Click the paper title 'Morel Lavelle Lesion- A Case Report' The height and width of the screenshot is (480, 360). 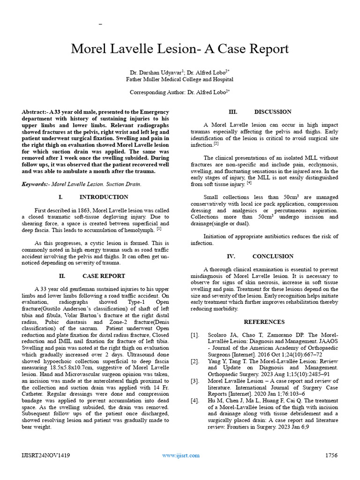pyautogui.click(x=180, y=49)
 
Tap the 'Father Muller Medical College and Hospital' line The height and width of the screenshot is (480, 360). pyautogui.click(x=180, y=80)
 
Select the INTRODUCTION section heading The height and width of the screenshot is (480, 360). pyautogui.click(x=104, y=197)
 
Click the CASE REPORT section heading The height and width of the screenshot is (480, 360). pyautogui.click(x=104, y=276)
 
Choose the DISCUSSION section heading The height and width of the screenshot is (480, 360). pyautogui.click(x=272, y=112)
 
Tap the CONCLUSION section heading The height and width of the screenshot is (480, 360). pyautogui.click(x=273, y=256)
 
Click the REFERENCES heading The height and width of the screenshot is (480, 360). pyautogui.click(x=264, y=322)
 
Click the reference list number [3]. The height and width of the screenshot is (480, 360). pyautogui.click(x=195, y=382)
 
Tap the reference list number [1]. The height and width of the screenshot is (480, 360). pyautogui.click(x=195, y=335)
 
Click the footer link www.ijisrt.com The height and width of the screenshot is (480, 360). pyautogui.click(x=180, y=455)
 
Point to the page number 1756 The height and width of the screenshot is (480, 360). pyautogui.click(x=331, y=455)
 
